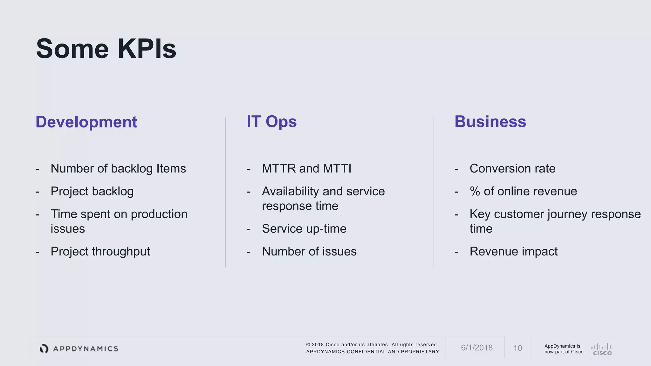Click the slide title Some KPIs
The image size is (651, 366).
[106, 49]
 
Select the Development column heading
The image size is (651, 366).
[86, 122]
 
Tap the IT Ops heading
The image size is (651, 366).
[271, 122]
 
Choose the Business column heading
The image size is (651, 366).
[490, 122]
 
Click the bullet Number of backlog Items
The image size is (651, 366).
[118, 168]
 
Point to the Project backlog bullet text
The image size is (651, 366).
[92, 191]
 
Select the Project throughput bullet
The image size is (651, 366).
[100, 251]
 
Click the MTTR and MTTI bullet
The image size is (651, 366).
[306, 168]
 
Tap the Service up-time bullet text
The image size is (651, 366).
[304, 229]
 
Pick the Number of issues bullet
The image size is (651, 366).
[309, 251]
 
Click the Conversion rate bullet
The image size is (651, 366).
[512, 168]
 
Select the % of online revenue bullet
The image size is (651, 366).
[523, 191]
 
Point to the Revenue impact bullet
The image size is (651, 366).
[513, 251]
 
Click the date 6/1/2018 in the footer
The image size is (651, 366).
[476, 348]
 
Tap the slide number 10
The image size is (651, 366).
[517, 348]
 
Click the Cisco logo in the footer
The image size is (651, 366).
[602, 349]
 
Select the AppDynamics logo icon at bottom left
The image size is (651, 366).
[44, 349]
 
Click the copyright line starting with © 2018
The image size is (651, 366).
[372, 345]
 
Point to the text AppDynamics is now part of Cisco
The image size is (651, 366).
[564, 349]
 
